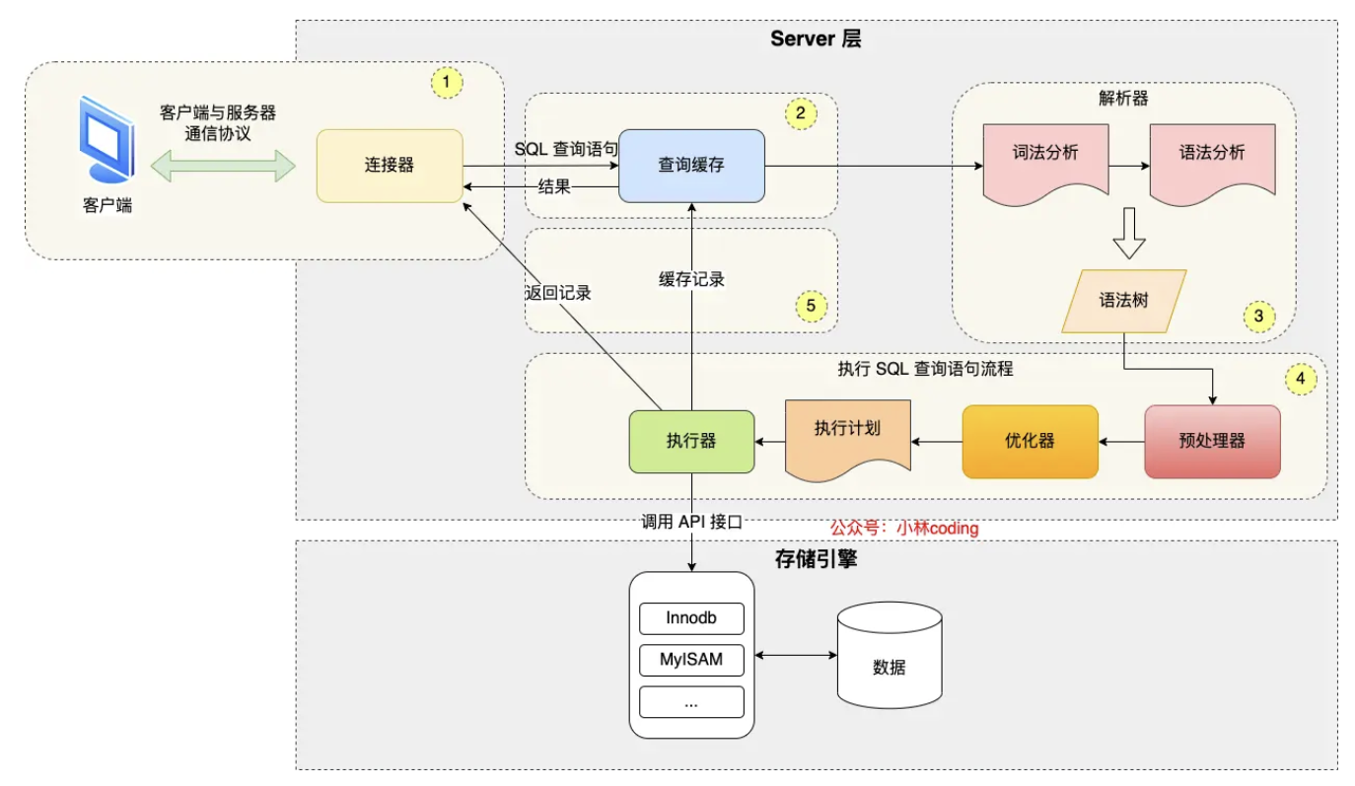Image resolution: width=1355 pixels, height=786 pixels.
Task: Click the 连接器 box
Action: [389, 166]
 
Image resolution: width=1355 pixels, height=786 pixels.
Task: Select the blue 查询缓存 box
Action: [691, 166]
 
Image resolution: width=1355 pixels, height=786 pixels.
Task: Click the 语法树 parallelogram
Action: [1123, 301]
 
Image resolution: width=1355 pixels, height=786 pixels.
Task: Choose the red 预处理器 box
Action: [1212, 442]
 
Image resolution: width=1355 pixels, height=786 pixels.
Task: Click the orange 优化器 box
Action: [1030, 442]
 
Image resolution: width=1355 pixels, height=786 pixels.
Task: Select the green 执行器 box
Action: [691, 442]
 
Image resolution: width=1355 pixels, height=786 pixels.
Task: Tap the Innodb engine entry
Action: [691, 618]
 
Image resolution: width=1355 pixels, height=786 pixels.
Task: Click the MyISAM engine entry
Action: [691, 659]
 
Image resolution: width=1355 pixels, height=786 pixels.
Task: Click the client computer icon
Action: [106, 140]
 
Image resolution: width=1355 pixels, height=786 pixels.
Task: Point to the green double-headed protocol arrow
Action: [224, 166]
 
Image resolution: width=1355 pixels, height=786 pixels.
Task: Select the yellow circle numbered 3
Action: [1257, 317]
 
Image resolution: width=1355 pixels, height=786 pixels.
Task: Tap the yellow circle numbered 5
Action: [811, 306]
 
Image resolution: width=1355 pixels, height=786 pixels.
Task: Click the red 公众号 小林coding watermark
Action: [904, 528]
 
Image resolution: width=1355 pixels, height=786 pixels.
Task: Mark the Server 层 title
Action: [817, 38]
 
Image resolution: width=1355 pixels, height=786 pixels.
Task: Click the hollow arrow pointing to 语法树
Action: [1128, 234]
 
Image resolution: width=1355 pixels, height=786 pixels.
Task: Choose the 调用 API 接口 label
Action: [690, 523]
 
